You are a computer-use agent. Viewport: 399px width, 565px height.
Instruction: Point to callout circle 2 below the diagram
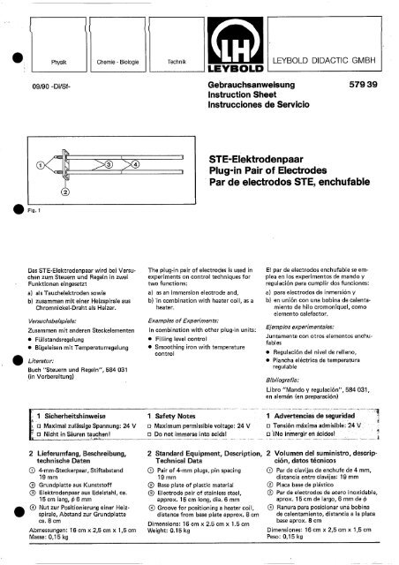coord(64,192)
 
